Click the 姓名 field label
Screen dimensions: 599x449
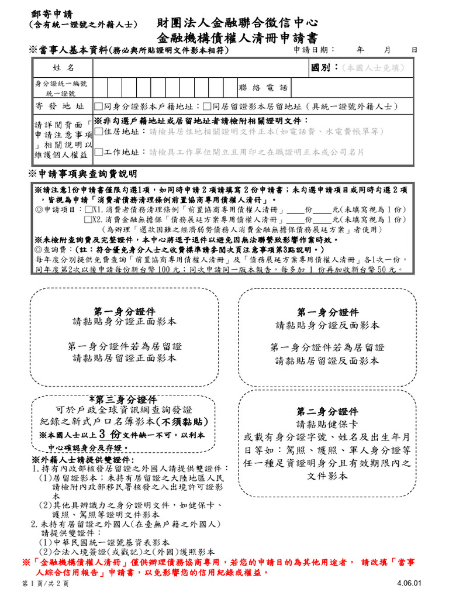[63, 68]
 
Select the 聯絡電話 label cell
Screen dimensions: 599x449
[263, 88]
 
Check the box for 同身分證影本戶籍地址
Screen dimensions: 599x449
[98, 106]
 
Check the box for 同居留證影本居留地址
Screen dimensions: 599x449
[208, 106]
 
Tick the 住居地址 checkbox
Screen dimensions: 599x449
[98, 132]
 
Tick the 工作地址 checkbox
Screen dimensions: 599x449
[98, 152]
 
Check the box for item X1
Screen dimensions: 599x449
[88, 209]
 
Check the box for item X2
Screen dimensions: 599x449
[88, 219]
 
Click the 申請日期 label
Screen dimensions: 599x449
[314, 51]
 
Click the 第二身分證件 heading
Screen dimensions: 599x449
[327, 412]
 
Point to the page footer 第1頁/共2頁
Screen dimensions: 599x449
[45, 584]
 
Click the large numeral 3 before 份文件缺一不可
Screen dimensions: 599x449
[102, 435]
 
